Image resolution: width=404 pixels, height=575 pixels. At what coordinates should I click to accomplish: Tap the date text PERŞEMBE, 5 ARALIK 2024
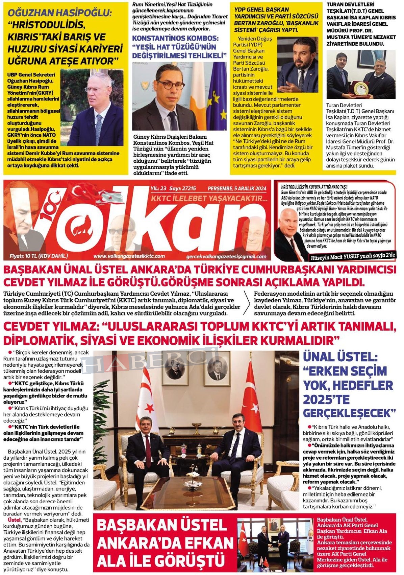237,188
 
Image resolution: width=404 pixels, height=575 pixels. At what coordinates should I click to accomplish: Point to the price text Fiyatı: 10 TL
39,256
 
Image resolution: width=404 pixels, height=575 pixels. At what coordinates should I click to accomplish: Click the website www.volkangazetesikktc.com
129,256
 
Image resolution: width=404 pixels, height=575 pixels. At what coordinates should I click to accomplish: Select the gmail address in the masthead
226,256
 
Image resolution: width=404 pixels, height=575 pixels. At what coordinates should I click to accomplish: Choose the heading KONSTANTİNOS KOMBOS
175,38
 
